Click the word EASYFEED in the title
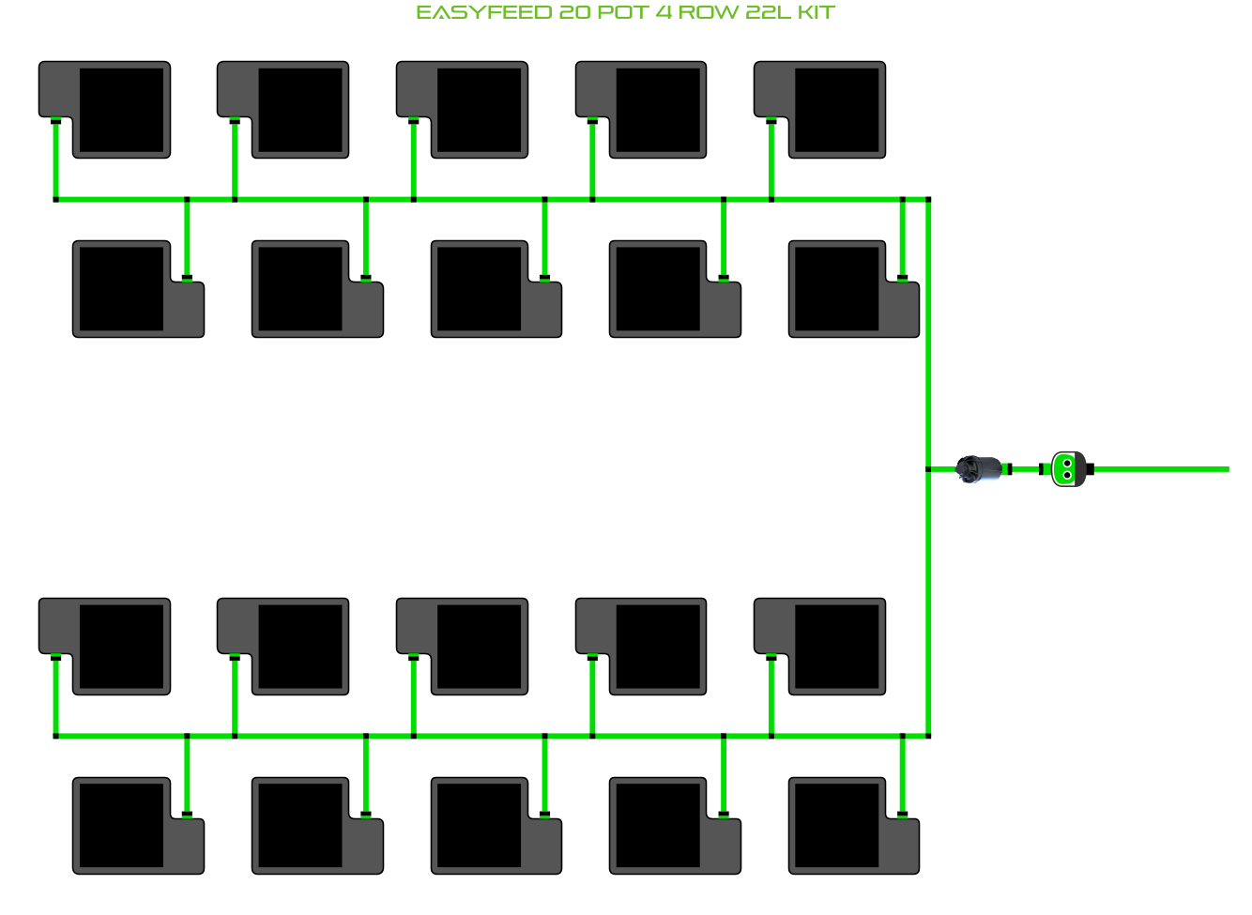pos(483,13)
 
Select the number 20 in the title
pos(575,13)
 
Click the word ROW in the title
pos(708,13)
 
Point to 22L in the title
pos(769,13)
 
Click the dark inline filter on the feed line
pos(981,468)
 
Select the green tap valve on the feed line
pos(1067,469)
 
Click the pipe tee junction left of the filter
pos(928,469)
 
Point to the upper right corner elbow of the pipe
pos(928,200)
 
